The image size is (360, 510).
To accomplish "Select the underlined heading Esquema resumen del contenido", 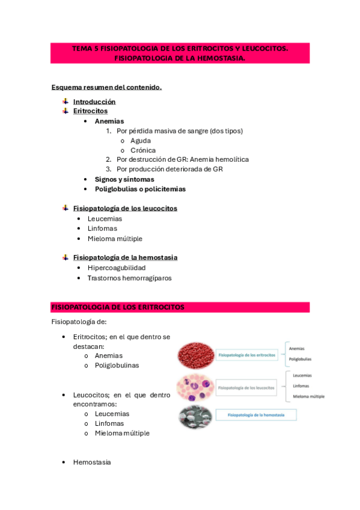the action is coord(106,87).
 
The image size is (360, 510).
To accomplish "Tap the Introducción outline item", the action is coord(94,102).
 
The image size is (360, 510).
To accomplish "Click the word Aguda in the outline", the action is coord(141,140).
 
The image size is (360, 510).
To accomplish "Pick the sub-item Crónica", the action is coord(143,150).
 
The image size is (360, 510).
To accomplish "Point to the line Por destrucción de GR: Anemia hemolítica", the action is coord(183,159).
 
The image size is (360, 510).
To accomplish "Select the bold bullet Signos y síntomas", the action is coord(124,179).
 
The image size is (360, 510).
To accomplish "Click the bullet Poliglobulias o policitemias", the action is coord(140,189).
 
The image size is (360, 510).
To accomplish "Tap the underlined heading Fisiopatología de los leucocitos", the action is coord(125,208).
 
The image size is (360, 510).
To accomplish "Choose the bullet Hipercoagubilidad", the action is coord(117,268).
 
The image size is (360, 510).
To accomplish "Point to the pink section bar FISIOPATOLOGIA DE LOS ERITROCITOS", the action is coord(180,307).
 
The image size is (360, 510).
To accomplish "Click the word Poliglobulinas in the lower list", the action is coord(117,365).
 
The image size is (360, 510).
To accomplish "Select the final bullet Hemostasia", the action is coord(92,462).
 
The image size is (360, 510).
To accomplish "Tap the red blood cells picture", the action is coord(195,355).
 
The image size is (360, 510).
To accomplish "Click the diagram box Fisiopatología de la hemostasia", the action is coord(257,415).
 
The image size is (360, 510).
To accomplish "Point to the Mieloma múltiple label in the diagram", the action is coord(309,396).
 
